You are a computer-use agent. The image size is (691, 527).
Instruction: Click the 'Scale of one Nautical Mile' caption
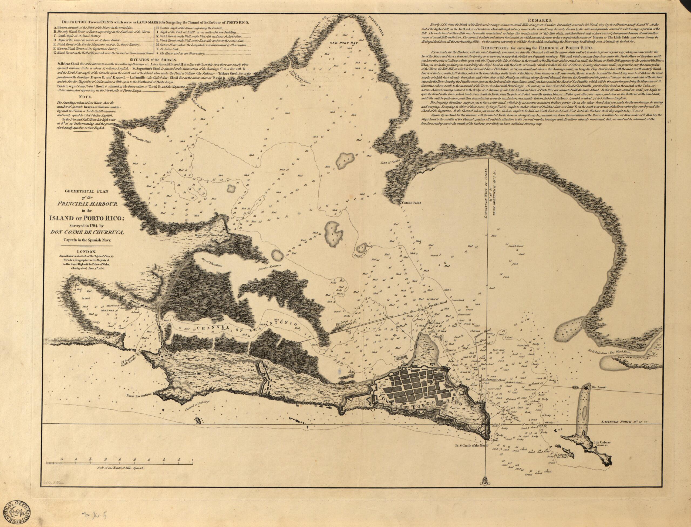[x=120, y=476]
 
